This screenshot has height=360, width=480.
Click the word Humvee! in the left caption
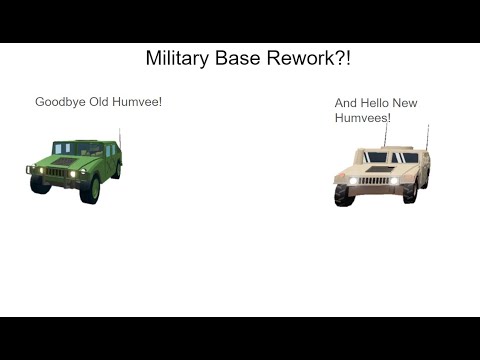pyautogui.click(x=139, y=102)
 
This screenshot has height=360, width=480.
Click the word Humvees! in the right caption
pyautogui.click(x=362, y=118)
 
